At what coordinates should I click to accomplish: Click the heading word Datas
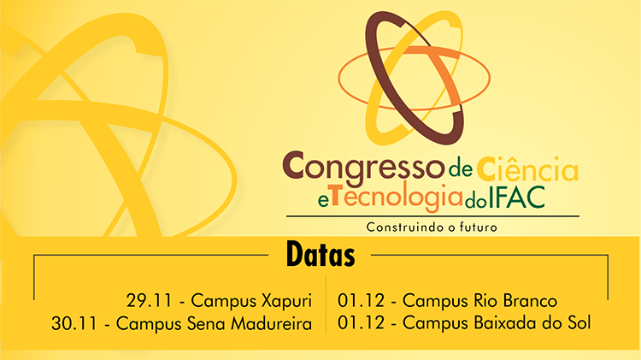[x=320, y=254]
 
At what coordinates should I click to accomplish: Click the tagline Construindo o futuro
[x=432, y=227]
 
